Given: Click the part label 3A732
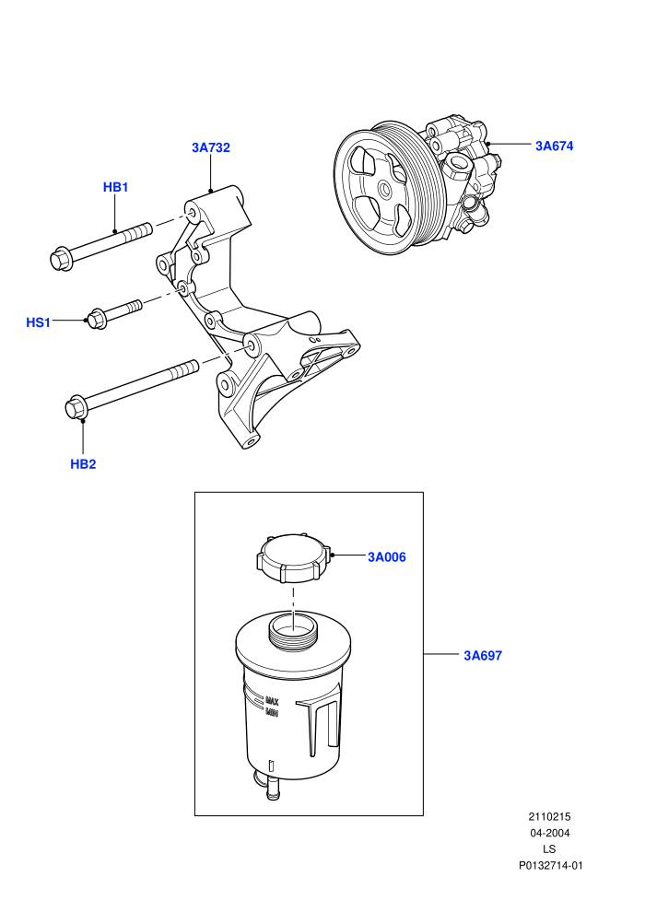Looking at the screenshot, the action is tap(210, 147).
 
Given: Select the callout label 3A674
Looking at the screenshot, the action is tap(555, 146).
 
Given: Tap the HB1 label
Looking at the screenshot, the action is tap(115, 187).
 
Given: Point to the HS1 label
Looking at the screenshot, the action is tap(39, 322).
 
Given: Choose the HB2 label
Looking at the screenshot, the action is tap(83, 464).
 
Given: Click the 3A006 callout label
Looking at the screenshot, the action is tap(387, 557).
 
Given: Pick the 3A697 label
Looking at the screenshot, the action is tap(483, 656).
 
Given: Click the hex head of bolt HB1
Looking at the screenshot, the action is tap(61, 260).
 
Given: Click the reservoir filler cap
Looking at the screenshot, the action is tap(294, 557).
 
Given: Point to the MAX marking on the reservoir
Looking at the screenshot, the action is tap(272, 701).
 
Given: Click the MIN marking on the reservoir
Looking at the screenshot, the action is tap(272, 712).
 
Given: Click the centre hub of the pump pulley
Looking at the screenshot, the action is tap(384, 189).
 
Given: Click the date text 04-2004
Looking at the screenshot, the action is tap(549, 833).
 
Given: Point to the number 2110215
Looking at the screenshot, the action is tap(549, 816).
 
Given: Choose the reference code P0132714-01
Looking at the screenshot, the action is tap(550, 865).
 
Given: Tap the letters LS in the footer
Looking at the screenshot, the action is tap(549, 849).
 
